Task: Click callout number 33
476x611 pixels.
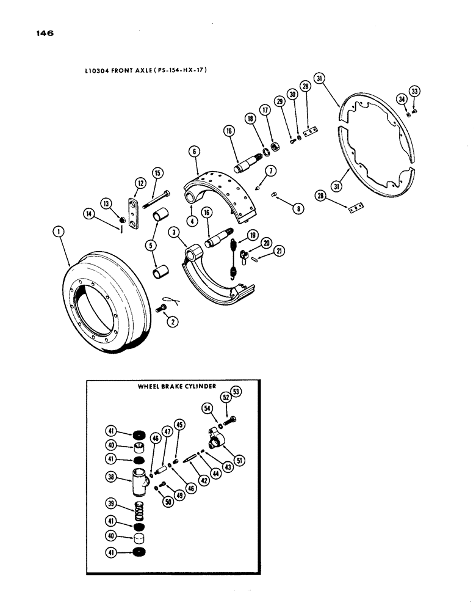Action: (x=415, y=91)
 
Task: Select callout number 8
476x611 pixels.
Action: (x=298, y=208)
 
